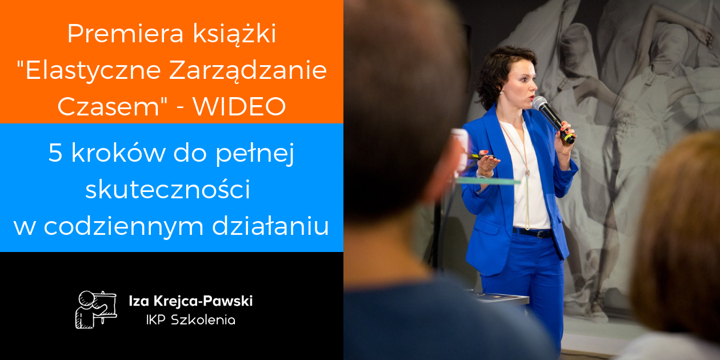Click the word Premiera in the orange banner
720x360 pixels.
coord(126,33)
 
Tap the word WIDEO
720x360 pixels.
coord(239,106)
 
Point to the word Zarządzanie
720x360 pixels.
coord(248,71)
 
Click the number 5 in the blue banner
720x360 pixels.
coord(55,153)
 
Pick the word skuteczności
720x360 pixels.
coord(168,189)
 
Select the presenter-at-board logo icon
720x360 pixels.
coord(96,310)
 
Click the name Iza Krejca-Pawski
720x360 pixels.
coord(191,301)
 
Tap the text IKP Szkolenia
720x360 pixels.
coord(191,320)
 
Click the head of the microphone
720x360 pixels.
coord(540,103)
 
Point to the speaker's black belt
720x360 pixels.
coord(533,233)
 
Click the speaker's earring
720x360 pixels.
coord(501,93)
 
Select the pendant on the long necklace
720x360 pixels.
coord(527,173)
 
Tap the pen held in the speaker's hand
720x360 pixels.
coord(480,157)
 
